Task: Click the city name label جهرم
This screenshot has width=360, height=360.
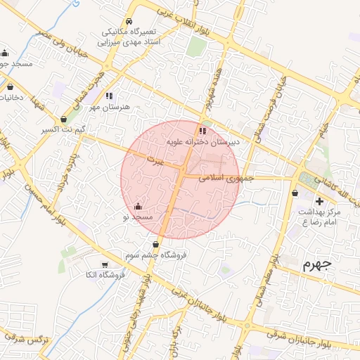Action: point(316,265)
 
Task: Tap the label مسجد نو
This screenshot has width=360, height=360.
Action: point(139,218)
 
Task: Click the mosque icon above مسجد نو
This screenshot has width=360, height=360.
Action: point(138,207)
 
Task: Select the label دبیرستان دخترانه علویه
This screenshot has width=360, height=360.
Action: point(202,142)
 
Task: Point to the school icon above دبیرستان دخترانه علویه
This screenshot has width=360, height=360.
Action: point(202,131)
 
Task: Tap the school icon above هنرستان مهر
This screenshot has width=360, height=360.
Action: point(109,95)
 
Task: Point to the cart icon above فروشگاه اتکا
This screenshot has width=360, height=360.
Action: point(105,264)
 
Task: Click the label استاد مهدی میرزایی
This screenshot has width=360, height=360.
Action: point(131,42)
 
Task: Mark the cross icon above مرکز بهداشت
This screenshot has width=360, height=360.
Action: point(319,201)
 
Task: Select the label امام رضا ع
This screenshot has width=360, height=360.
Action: point(314,222)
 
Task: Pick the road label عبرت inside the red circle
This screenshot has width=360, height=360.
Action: point(155,162)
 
